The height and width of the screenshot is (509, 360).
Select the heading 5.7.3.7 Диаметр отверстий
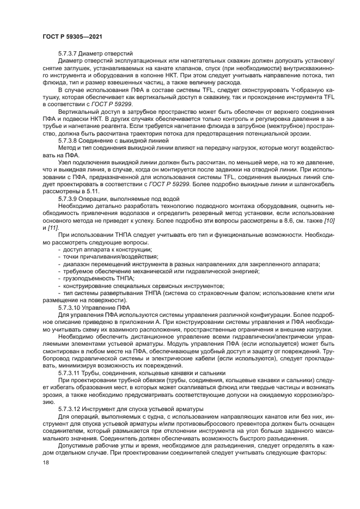point(95,54)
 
